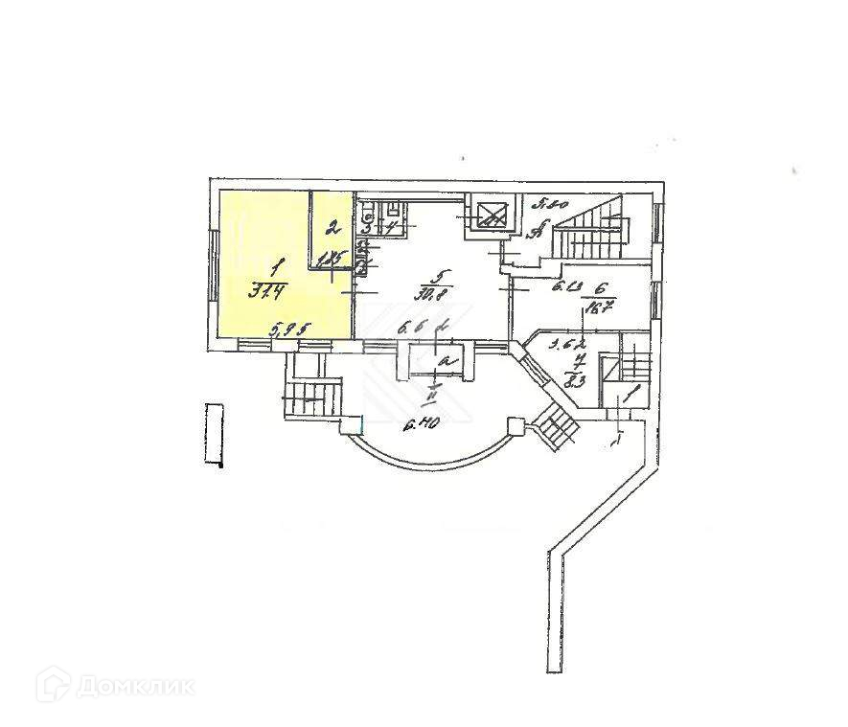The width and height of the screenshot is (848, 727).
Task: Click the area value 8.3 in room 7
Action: [577, 381]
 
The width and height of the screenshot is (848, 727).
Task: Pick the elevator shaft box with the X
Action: [491, 216]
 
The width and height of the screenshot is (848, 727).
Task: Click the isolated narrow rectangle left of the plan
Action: [215, 434]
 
